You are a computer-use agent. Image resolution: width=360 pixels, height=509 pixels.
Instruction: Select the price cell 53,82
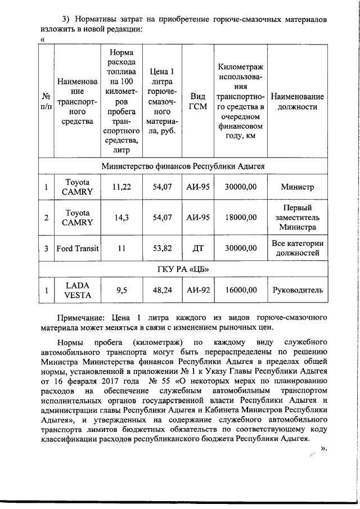(x=163, y=248)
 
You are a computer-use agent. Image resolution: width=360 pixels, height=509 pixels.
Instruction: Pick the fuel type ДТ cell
(x=198, y=248)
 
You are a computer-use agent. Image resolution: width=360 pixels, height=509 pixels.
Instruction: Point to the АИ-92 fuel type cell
(x=198, y=290)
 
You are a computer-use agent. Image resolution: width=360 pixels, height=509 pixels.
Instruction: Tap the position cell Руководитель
(x=297, y=290)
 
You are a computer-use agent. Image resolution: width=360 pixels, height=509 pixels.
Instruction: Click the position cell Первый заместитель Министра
(x=297, y=217)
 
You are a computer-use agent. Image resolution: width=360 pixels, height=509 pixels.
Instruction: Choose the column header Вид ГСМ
(x=198, y=101)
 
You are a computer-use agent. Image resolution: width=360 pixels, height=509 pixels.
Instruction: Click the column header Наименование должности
(x=297, y=101)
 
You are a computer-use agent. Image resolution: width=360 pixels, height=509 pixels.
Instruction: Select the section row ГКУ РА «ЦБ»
(x=179, y=269)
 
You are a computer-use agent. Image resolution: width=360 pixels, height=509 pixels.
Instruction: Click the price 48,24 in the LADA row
(x=163, y=290)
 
